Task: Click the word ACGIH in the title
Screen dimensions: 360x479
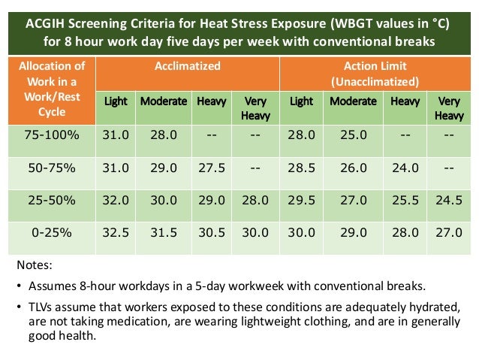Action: [46, 23]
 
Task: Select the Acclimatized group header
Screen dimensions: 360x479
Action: [188, 66]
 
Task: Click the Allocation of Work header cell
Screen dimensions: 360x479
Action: [52, 89]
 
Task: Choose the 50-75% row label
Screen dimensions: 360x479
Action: [50, 168]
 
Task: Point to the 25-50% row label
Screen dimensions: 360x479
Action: [50, 201]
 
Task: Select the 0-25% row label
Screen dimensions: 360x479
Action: [50, 233]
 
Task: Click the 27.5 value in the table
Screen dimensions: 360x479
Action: [212, 168]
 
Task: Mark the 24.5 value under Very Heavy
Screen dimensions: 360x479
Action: [449, 201]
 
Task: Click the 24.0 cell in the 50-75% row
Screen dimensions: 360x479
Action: [405, 168]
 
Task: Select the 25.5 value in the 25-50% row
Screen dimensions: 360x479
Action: [405, 201]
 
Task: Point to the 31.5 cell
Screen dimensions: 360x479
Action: [163, 233]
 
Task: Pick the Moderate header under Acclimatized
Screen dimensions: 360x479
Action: [163, 101]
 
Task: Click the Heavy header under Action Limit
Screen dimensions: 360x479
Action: [405, 101]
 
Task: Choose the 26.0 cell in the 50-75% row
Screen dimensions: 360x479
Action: [353, 168]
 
